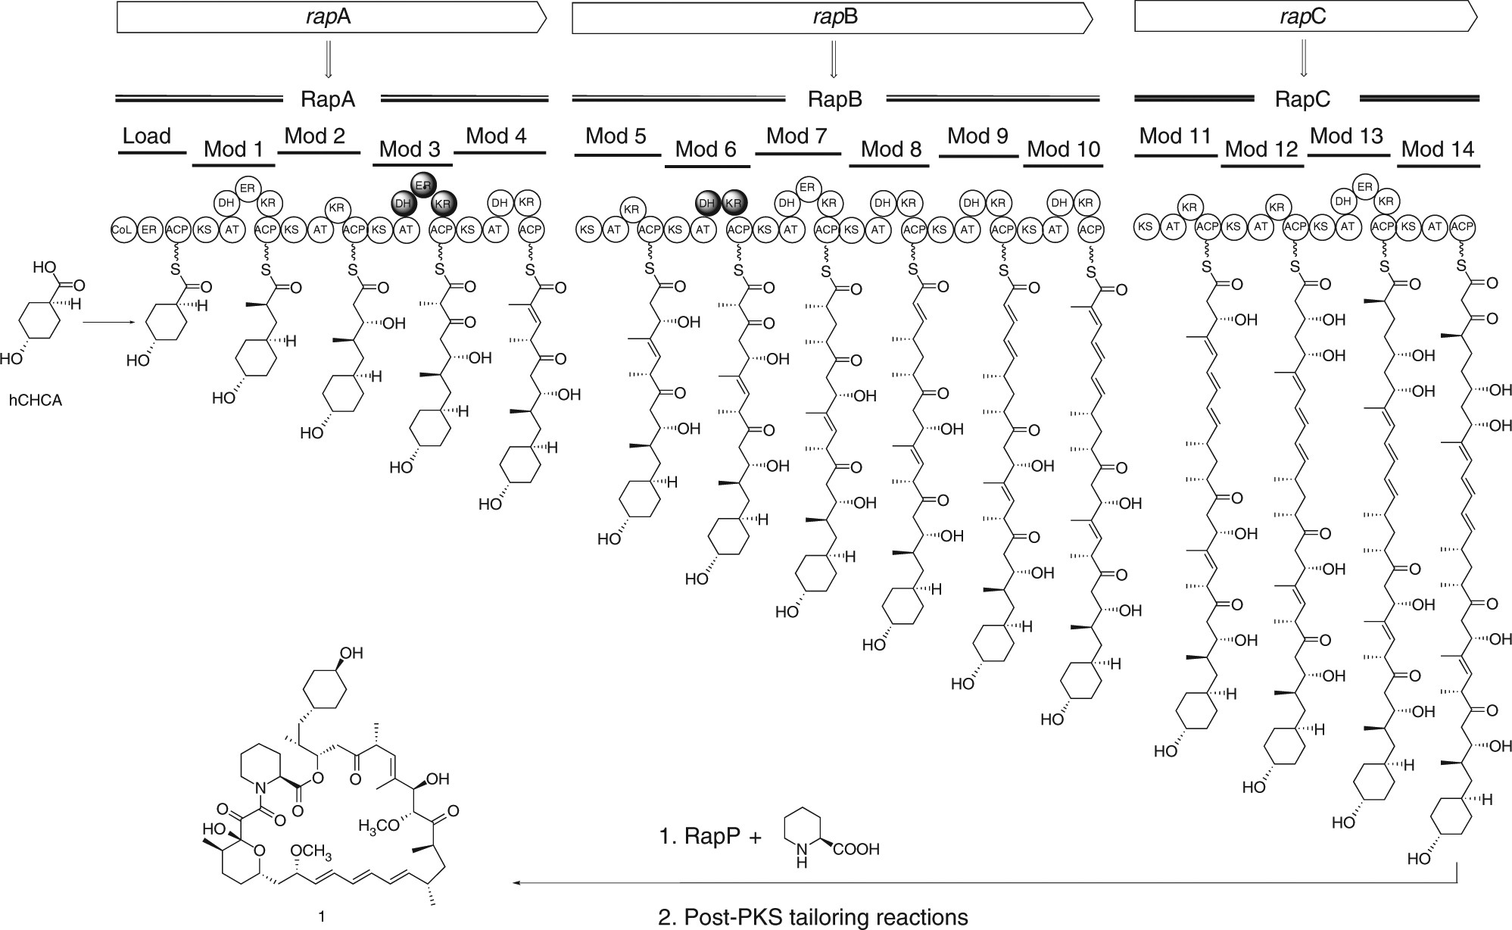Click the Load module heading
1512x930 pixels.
point(147,136)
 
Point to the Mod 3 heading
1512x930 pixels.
point(410,148)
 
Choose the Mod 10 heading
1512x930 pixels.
point(1063,149)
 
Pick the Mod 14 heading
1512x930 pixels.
point(1438,149)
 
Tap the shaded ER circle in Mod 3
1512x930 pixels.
point(423,185)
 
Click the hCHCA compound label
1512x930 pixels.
point(36,401)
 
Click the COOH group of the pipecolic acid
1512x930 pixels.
point(856,849)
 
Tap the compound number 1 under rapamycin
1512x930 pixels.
point(322,916)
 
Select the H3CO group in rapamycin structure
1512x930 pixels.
point(379,825)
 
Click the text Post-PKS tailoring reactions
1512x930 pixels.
point(825,917)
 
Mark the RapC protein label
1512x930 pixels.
point(1302,99)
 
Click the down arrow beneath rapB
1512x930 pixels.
point(833,60)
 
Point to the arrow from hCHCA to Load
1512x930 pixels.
point(110,323)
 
